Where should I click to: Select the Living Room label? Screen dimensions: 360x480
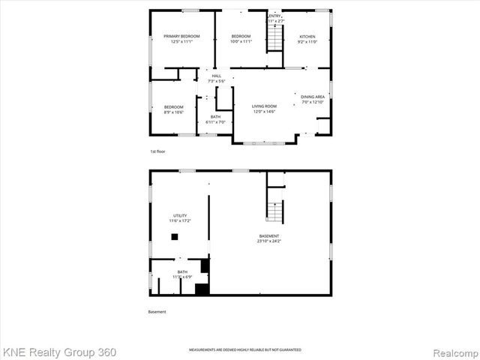pos(264,109)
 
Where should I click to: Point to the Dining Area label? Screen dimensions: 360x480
pos(313,99)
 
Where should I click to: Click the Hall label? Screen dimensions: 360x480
pos(216,78)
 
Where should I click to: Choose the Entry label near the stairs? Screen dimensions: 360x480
pos(275,19)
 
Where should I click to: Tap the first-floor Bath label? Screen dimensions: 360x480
pos(215,119)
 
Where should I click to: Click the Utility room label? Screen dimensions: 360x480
pos(180,217)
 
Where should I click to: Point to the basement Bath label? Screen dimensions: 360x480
pos(182,274)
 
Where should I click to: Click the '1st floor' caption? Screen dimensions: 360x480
pos(157,151)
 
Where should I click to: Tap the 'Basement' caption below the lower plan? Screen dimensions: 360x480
pos(157,312)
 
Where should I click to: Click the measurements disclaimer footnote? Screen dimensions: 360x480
pos(244,350)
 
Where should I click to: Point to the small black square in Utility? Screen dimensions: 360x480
pos(174,237)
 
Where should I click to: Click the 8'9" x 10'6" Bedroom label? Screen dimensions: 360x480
pos(173,109)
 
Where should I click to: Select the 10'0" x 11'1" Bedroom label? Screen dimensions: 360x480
pos(241,38)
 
